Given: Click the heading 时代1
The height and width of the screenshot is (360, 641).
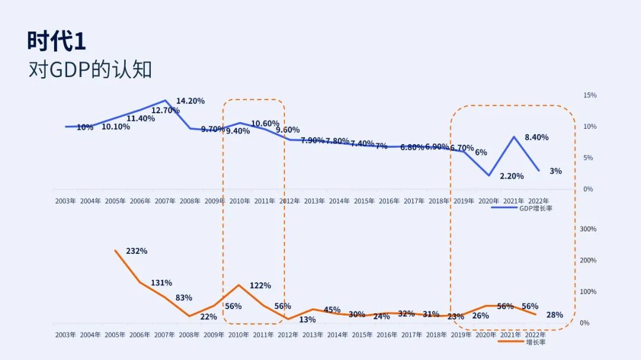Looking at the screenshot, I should point(57,42).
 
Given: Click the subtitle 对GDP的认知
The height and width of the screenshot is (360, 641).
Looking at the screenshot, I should point(90,69).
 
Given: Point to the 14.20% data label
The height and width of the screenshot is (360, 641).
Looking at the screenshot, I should point(191,101).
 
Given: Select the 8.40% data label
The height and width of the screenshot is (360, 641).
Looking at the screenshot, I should point(537,137).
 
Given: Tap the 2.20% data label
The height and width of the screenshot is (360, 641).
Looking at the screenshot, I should point(512,176).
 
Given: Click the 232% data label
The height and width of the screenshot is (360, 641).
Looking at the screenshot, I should point(137,251).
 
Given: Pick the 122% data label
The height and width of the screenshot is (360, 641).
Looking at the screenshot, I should point(260,285).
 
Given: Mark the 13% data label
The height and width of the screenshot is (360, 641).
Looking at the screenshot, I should point(307,320).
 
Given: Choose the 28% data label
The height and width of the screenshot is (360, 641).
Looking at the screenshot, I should point(554,315).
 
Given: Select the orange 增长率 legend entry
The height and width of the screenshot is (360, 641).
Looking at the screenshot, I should point(535,342).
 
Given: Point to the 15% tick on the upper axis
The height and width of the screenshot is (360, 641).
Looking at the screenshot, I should point(590,95).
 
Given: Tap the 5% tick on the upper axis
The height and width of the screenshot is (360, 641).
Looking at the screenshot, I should point(588,158).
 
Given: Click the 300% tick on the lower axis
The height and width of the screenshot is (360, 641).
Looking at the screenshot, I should point(588,229).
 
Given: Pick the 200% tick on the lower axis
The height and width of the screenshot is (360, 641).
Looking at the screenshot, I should point(588,260).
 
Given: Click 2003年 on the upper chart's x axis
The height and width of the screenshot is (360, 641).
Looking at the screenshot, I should point(65,201).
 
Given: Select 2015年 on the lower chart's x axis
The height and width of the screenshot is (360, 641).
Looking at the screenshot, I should point(364,335).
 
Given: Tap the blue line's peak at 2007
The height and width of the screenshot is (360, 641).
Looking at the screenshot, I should point(165,100).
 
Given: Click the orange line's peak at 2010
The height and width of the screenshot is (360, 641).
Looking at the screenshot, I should point(239,285).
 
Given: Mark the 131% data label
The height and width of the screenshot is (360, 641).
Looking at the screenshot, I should point(161,283).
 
